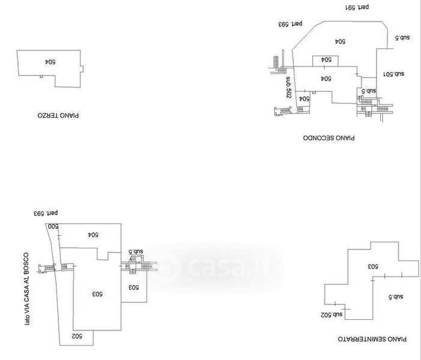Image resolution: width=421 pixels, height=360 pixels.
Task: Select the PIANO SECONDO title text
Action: pos(329,137)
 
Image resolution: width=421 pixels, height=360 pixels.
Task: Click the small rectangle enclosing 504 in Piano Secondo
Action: pos(325,60)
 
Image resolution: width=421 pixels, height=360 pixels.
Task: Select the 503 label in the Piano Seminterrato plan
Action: pos(372,265)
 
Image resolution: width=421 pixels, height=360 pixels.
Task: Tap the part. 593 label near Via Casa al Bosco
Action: pos(47,212)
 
